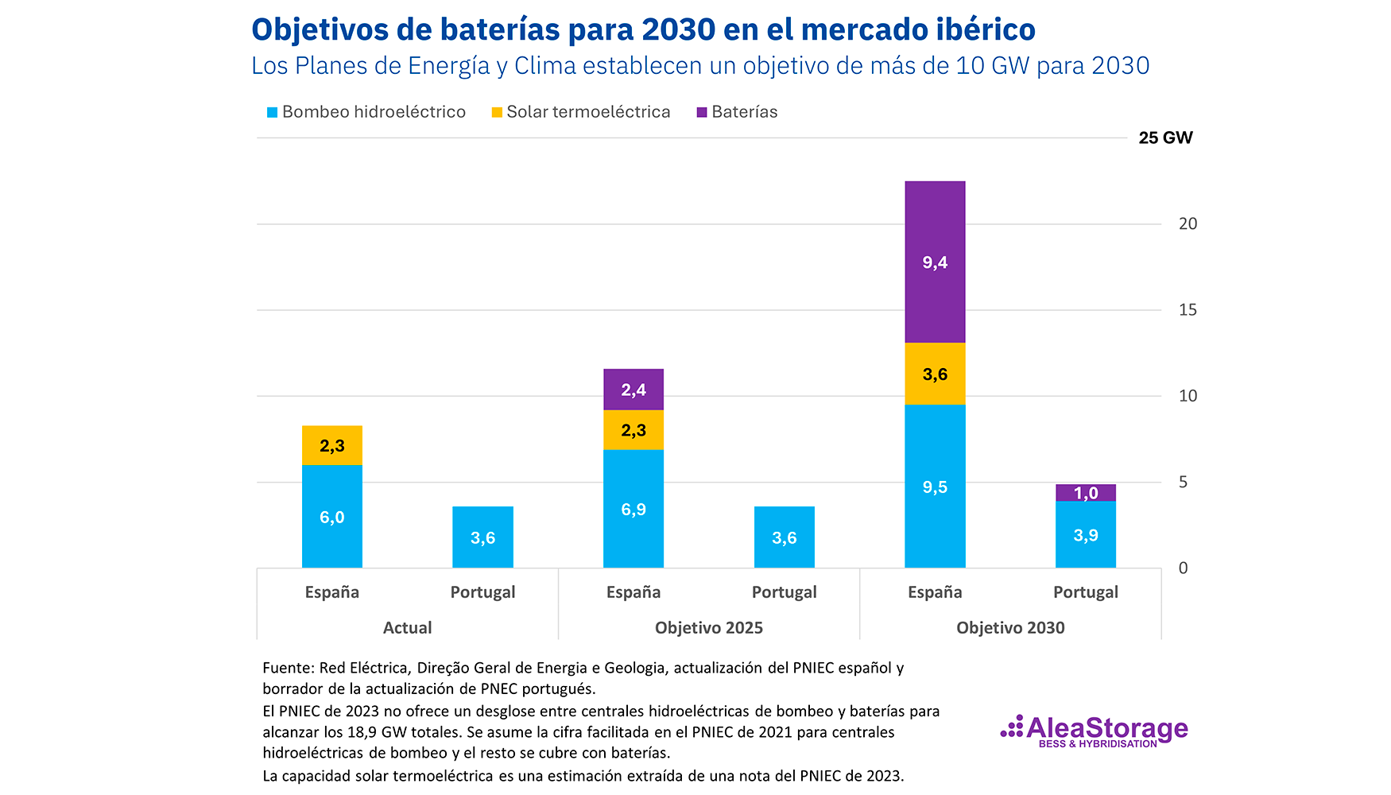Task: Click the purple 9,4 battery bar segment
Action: coord(935,262)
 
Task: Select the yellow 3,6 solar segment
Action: coord(935,374)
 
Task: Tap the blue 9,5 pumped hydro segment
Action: coord(935,487)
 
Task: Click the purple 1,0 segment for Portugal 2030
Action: coord(1086,493)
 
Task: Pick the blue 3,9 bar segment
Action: coord(1086,535)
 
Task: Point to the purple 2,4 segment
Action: coord(634,390)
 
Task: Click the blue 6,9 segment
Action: coord(634,509)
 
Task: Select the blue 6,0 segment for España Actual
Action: coord(332,517)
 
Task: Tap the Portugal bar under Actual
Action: coord(482,537)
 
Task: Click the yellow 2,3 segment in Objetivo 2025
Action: coord(634,430)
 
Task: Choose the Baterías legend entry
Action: coord(737,112)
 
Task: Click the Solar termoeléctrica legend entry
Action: coord(581,112)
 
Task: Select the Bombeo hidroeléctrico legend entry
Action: coord(366,112)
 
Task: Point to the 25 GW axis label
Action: coord(1165,138)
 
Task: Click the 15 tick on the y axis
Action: coord(1188,310)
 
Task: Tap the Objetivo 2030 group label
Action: coord(1010,628)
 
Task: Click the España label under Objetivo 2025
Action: coord(634,592)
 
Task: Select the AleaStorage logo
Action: coord(1095,731)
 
